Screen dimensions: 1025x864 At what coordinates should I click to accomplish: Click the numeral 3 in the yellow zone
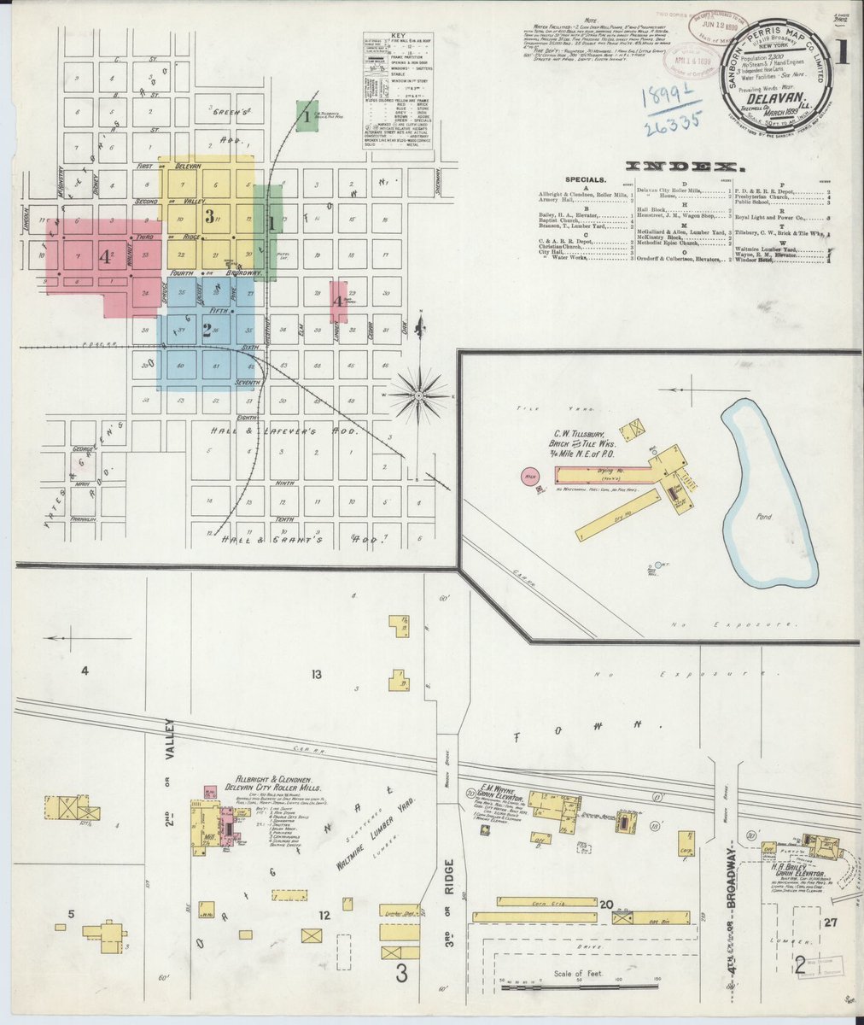[x=208, y=215]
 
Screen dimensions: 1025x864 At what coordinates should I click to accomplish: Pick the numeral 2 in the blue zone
[x=207, y=328]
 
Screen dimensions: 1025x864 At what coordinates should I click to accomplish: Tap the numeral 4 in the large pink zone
[x=104, y=255]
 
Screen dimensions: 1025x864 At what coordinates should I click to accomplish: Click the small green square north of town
[x=306, y=116]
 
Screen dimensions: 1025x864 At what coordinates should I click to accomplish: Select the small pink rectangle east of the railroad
[x=339, y=302]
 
